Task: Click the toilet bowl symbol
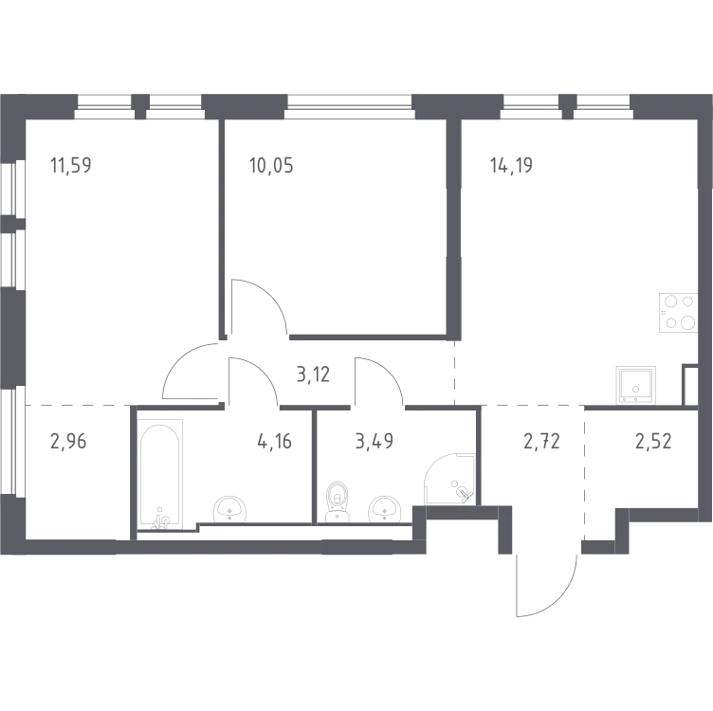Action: (337, 500)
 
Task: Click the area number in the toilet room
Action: (365, 443)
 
